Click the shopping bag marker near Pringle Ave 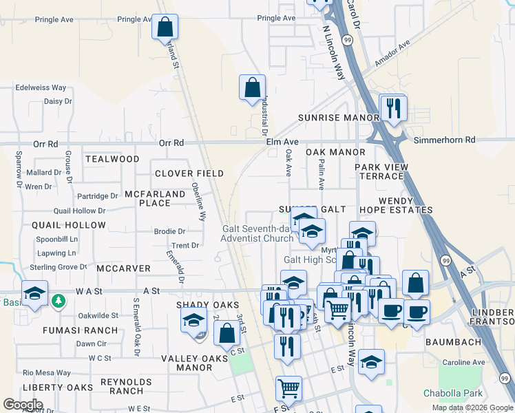click(x=165, y=28)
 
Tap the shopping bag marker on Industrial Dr click(x=253, y=87)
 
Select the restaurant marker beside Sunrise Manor click(x=394, y=107)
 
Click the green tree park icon click(x=59, y=301)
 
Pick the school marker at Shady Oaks click(x=194, y=319)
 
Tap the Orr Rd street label click(x=171, y=143)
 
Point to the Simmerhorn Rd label click(x=445, y=140)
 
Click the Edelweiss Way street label click(x=41, y=88)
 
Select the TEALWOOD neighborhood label click(x=112, y=159)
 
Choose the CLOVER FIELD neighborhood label click(x=189, y=173)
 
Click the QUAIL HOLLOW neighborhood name click(x=69, y=225)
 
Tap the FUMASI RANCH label click(x=81, y=330)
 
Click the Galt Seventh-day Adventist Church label click(x=257, y=234)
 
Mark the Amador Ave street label click(x=392, y=53)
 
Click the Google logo click(x=23, y=405)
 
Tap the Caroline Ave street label click(x=464, y=363)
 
